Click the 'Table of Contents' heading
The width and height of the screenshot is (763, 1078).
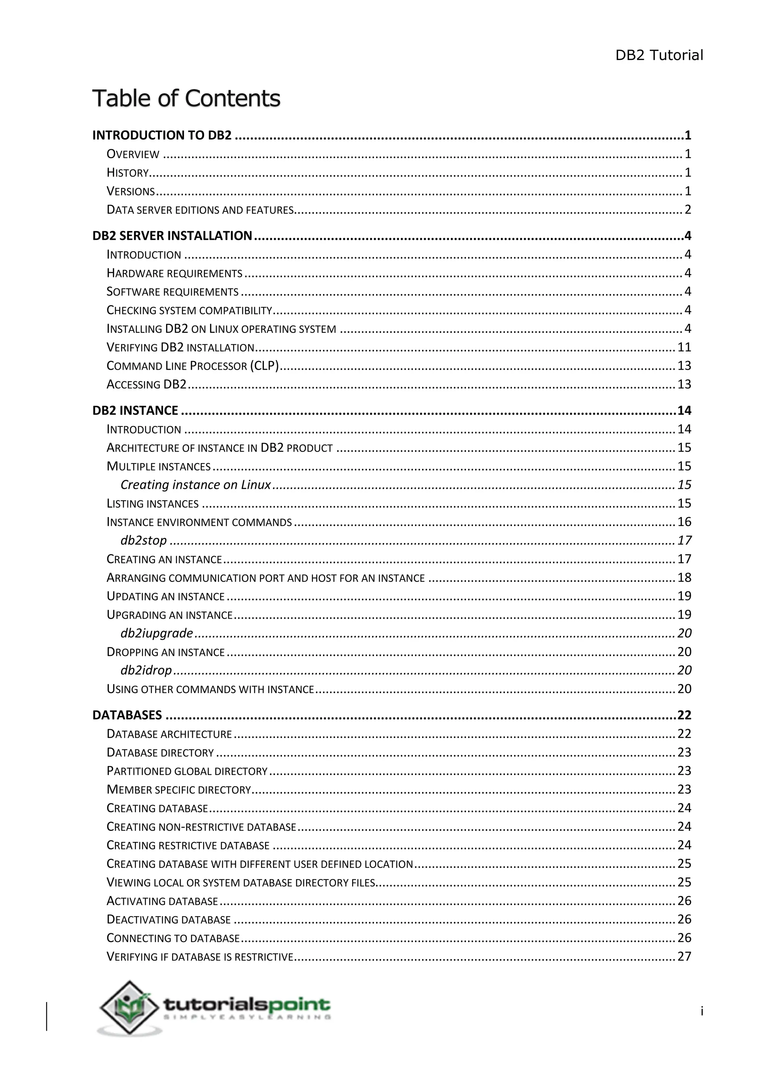(186, 99)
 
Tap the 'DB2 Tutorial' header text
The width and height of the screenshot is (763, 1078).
(659, 55)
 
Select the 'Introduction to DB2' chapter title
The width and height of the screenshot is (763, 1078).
(162, 135)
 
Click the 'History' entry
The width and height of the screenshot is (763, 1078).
(128, 173)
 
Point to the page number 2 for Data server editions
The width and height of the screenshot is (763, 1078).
(687, 210)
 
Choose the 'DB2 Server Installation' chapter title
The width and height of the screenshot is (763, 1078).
(172, 236)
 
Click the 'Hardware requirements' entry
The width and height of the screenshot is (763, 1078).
(174, 273)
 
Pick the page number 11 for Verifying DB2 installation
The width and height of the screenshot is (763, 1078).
(684, 347)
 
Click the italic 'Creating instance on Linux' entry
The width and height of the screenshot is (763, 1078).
(196, 485)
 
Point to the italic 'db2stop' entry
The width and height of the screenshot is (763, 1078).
(143, 541)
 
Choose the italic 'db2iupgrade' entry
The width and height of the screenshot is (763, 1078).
(156, 634)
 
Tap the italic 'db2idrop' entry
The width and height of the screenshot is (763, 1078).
(146, 670)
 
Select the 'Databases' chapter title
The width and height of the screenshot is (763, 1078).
(127, 715)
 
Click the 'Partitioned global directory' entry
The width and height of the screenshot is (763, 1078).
(187, 771)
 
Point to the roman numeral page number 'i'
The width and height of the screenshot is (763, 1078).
(702, 1011)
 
